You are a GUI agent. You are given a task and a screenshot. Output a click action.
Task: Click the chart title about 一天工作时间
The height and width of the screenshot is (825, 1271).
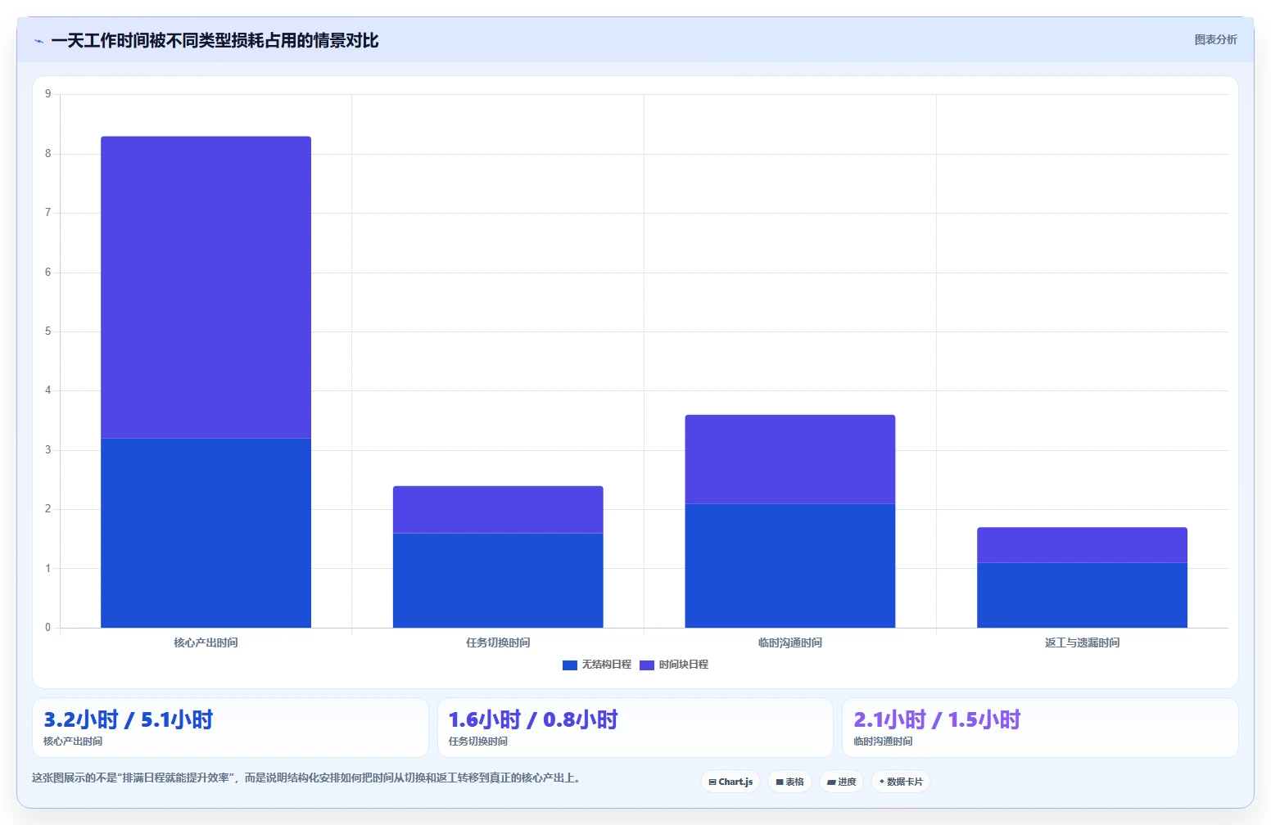(215, 41)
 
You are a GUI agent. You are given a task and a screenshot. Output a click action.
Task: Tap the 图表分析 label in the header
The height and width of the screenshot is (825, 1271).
(1215, 39)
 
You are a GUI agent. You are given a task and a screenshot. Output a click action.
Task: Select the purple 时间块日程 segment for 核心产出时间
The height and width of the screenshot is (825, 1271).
(206, 287)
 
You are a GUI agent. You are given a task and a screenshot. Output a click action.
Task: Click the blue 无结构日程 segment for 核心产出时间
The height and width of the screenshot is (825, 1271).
(206, 533)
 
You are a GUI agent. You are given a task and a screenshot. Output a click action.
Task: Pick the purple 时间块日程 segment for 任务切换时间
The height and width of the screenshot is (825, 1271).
(498, 509)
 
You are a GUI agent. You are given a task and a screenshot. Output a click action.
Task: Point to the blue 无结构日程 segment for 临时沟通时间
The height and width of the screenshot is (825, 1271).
(789, 566)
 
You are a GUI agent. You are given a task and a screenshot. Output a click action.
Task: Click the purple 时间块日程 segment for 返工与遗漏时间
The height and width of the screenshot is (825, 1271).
(1082, 545)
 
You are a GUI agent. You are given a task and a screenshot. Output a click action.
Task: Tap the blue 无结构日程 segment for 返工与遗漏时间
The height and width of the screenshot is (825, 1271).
(1082, 595)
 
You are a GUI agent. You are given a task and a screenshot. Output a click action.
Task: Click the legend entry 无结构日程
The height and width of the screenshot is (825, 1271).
(597, 665)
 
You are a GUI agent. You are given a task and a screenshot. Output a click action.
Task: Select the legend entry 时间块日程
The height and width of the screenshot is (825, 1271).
(674, 665)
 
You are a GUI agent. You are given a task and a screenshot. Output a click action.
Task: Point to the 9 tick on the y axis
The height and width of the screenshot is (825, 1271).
(48, 93)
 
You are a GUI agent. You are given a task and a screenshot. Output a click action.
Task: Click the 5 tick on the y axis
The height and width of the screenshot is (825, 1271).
(48, 331)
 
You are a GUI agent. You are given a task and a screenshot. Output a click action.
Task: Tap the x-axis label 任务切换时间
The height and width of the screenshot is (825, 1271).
(498, 642)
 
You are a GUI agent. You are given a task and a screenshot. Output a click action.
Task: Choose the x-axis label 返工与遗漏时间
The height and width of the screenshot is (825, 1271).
(1082, 642)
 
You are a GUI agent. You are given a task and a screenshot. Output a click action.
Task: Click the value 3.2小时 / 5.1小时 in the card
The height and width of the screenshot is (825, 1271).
(129, 719)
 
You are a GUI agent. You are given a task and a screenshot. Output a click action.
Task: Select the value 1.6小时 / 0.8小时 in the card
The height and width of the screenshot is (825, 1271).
(533, 719)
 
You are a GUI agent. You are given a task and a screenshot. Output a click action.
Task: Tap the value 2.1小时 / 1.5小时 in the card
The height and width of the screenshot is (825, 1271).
(938, 719)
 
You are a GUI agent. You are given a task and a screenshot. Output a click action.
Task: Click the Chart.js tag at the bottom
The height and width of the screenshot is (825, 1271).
(730, 782)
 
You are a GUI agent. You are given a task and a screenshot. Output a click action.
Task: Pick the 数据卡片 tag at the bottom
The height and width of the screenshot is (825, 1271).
(901, 782)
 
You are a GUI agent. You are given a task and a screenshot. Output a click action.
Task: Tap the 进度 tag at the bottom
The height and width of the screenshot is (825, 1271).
(842, 782)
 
